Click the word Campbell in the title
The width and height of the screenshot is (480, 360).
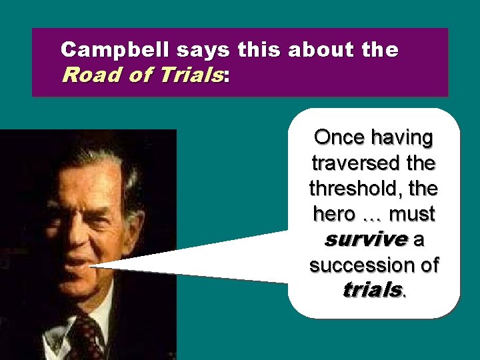pyautogui.click(x=116, y=50)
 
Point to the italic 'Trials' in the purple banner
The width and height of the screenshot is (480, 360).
pyautogui.click(x=190, y=75)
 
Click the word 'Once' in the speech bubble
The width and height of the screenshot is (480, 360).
pyautogui.click(x=339, y=137)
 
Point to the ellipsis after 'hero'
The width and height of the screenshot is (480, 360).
pyautogui.click(x=372, y=215)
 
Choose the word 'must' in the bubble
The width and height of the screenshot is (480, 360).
pyautogui.click(x=411, y=214)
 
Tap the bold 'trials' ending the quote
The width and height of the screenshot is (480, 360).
pyautogui.click(x=372, y=291)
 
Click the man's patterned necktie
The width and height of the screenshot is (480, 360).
pyautogui.click(x=87, y=337)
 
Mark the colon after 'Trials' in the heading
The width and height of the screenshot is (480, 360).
pyautogui.click(x=227, y=77)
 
